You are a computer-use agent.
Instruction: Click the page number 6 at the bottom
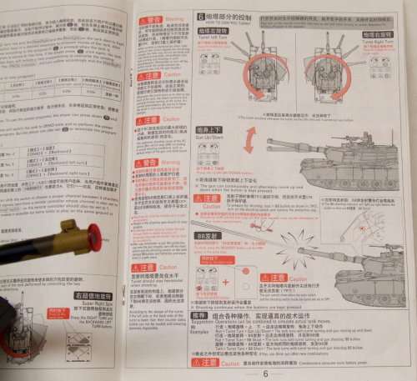265,373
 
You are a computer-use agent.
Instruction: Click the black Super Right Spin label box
93,296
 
